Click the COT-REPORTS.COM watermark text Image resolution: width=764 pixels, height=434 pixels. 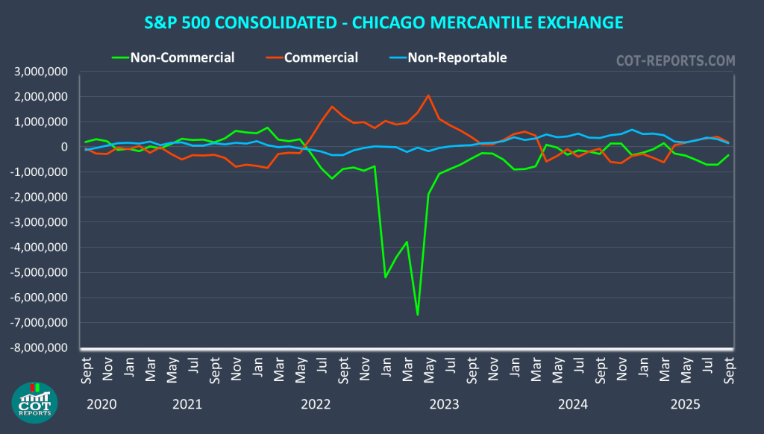(674, 60)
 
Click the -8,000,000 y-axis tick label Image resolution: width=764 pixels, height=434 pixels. (39, 348)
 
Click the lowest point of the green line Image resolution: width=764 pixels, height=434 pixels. (418, 315)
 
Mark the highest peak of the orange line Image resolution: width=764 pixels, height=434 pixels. (428, 95)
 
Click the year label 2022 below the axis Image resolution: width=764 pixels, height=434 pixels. (316, 405)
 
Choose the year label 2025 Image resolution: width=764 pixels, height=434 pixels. (685, 405)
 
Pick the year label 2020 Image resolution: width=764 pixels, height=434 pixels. (101, 405)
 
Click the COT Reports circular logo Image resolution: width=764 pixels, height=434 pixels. (35, 403)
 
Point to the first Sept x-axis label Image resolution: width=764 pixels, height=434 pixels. (87, 370)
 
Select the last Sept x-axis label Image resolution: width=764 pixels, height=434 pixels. (728, 370)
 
